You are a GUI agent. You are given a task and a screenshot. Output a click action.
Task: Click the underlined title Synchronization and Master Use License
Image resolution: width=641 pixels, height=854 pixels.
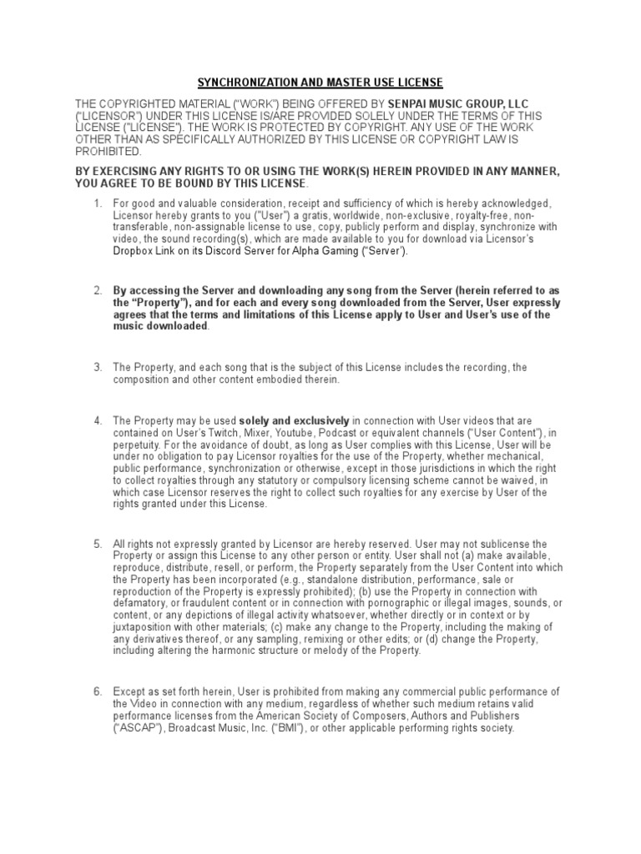[320, 83]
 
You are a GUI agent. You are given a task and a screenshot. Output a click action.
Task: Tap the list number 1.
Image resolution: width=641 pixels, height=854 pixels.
[97, 203]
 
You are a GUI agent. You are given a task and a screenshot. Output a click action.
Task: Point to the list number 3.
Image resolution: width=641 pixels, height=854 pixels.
[97, 367]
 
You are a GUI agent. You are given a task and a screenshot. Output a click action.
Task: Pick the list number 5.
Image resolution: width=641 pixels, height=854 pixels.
[97, 544]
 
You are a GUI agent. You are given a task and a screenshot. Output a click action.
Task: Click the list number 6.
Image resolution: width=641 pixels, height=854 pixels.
[97, 692]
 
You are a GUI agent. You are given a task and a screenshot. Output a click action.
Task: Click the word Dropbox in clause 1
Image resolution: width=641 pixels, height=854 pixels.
[133, 251]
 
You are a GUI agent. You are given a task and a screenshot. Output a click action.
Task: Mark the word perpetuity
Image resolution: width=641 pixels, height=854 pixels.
[138, 445]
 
